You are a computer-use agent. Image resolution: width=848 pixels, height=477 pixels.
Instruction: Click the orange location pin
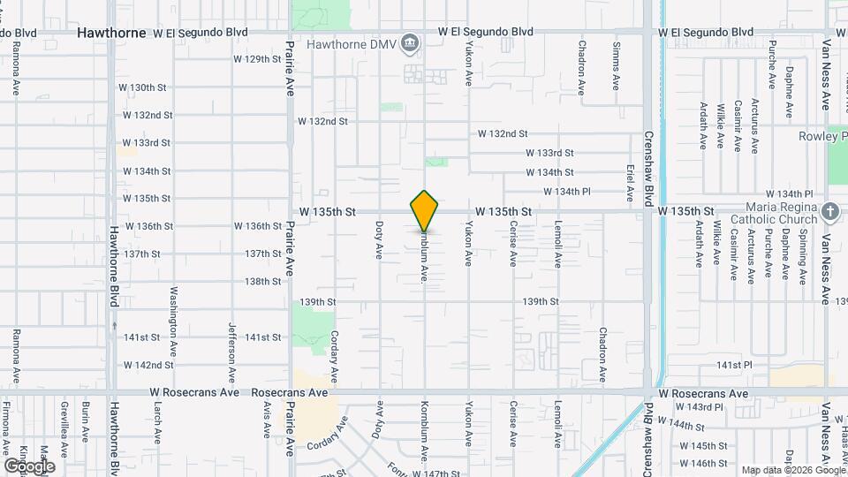tap(425, 210)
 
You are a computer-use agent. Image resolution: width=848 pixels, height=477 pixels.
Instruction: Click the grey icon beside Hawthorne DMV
tap(409, 42)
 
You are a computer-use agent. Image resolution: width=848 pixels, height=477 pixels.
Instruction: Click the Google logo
tap(29, 466)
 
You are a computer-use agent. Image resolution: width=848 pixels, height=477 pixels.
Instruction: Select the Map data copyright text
tap(792, 470)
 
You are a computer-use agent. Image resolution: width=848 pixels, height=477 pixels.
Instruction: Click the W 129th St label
tap(257, 59)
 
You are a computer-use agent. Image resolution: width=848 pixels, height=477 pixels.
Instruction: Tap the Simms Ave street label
tap(616, 64)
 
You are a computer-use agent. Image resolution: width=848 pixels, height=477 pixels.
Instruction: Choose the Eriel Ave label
tap(630, 181)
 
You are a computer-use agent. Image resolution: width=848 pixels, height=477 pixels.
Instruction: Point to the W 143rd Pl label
tap(700, 407)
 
